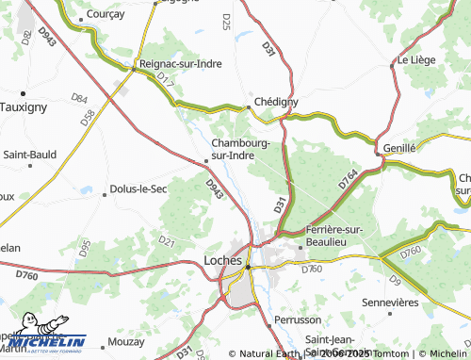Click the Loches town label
tap(223, 260)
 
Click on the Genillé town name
tap(400, 148)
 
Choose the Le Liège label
tap(414, 59)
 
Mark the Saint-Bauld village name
tap(32, 154)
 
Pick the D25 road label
tap(227, 21)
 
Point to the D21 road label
tap(167, 241)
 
